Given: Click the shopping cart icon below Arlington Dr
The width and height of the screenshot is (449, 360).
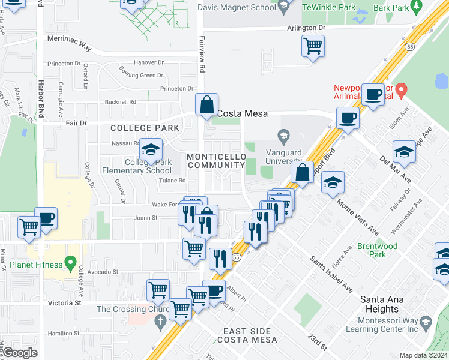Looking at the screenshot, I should (x=313, y=46).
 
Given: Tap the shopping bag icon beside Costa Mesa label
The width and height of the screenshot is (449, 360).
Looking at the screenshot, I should (x=206, y=105).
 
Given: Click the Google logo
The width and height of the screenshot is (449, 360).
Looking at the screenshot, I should (x=20, y=353).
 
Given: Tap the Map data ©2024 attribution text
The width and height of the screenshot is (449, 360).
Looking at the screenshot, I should (x=423, y=355).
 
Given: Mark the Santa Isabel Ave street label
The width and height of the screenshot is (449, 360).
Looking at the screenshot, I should (x=331, y=273).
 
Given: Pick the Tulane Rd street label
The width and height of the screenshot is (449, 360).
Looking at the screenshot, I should (x=173, y=180).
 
